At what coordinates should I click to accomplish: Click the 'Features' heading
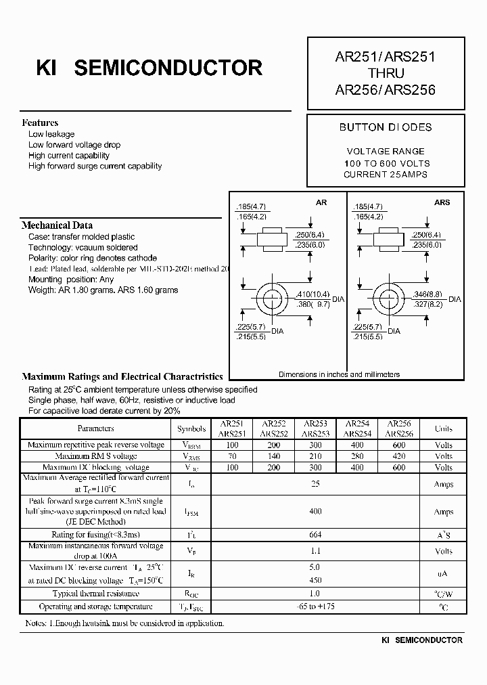click(40, 123)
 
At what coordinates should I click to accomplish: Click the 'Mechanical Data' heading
click(57, 225)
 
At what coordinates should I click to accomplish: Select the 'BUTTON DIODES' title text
click(386, 127)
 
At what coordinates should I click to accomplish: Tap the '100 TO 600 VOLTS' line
click(386, 163)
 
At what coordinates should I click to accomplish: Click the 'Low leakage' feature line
click(51, 134)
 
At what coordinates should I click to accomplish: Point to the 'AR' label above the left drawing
click(321, 202)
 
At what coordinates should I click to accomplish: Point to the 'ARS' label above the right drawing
click(442, 202)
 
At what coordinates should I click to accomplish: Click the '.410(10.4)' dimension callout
click(313, 294)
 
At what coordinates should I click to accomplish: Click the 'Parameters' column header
click(96, 428)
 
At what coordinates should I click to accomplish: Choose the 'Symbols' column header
click(191, 428)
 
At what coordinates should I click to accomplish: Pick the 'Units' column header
click(444, 428)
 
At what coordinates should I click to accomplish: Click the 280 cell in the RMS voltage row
click(357, 456)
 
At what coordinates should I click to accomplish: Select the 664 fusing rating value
click(315, 535)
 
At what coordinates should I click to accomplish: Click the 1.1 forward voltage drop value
click(315, 551)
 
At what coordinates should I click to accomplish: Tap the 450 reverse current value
click(315, 580)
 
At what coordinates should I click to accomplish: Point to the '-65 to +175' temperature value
click(315, 606)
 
